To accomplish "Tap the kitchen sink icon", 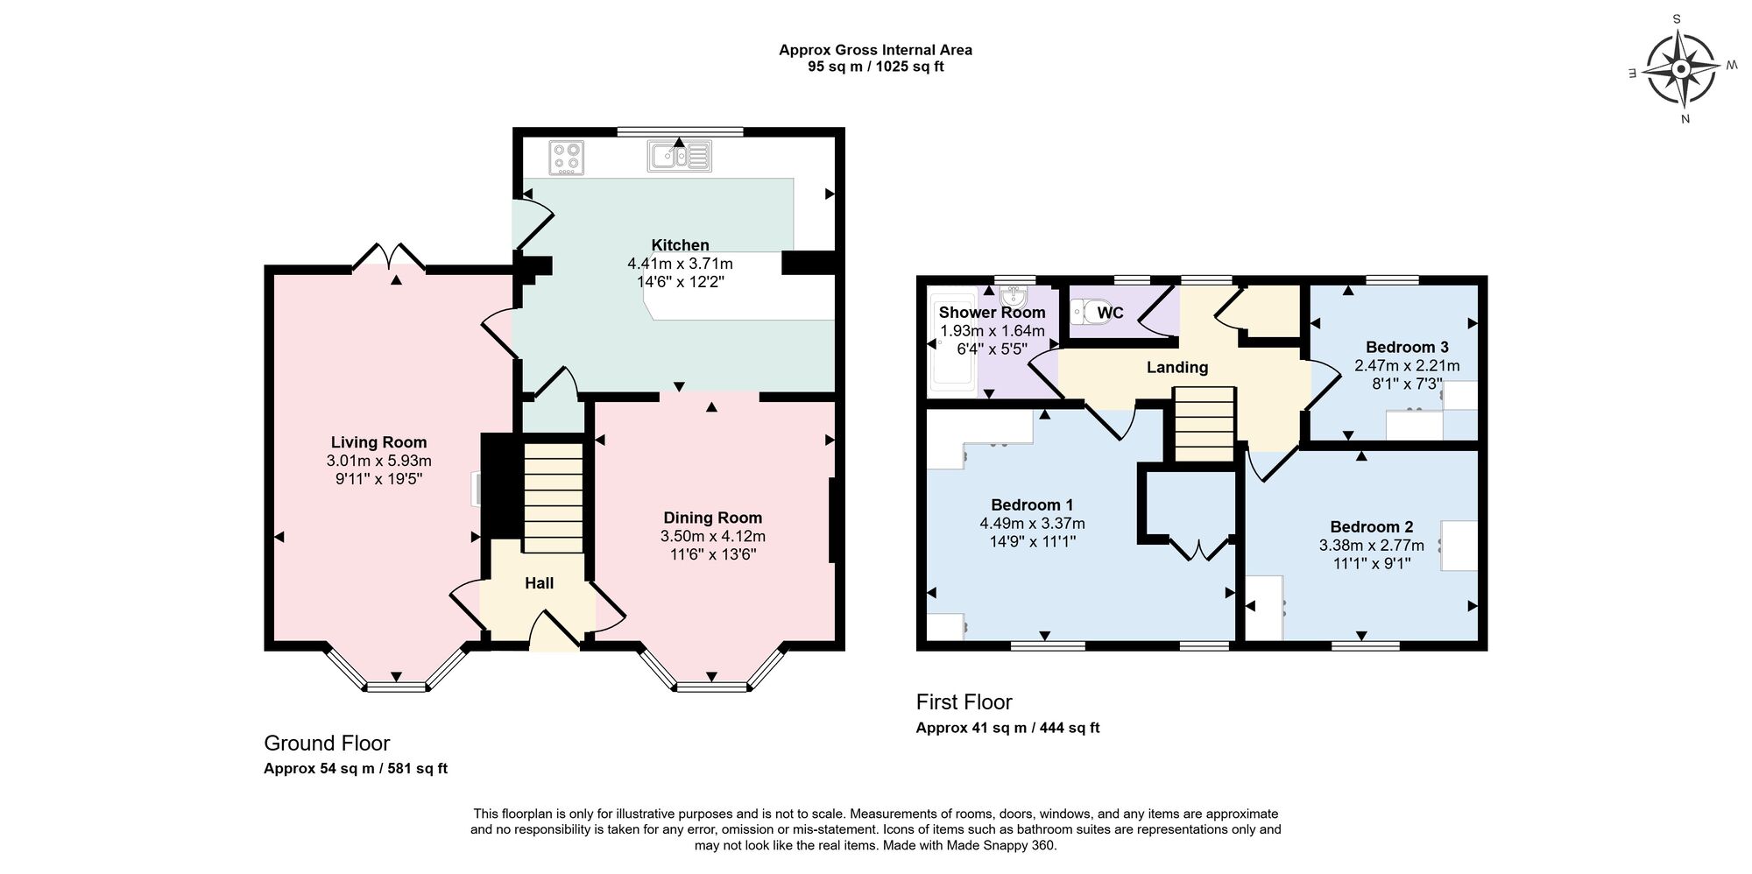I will (679, 157).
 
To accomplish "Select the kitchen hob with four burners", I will (567, 158).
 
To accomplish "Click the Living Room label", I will (378, 442).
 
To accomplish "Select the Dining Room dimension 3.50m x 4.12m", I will (712, 536).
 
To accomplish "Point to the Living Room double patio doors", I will (389, 256).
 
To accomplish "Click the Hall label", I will (539, 583).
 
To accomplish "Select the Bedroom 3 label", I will (1406, 347).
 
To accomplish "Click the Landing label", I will (1176, 368).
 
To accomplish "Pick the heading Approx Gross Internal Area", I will (875, 50).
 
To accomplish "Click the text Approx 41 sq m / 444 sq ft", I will (1007, 728).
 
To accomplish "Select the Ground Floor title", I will (327, 744).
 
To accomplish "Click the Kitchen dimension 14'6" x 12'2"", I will (680, 282).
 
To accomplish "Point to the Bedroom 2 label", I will (1371, 526).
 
